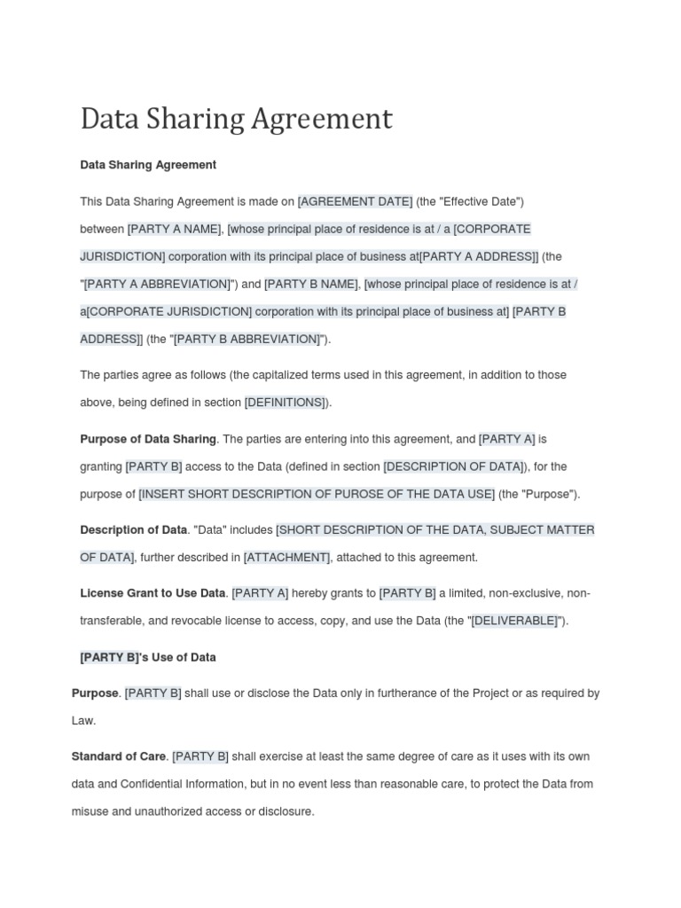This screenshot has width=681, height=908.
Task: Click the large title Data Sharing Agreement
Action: point(236,119)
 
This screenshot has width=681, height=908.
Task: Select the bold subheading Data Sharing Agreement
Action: point(148,165)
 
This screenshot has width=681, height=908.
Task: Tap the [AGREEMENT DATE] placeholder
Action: point(355,202)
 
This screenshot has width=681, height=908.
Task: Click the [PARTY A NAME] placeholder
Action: point(174,229)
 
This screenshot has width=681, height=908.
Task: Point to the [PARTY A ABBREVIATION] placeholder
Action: point(157,284)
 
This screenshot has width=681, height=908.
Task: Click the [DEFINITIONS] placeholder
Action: point(286,403)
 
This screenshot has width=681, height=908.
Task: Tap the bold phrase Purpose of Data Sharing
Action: point(148,439)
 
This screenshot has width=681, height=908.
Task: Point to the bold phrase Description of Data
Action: point(133,530)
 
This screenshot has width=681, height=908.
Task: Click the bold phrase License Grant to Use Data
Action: point(153,593)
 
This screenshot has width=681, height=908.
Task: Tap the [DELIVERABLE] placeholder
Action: point(514,621)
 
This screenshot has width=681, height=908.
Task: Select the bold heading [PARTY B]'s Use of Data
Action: point(148,658)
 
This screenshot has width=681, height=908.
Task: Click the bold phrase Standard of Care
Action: point(119,756)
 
